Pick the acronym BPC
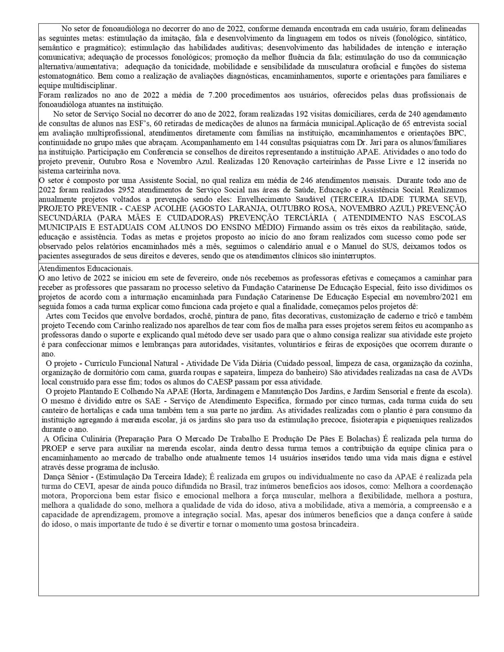[x=457, y=133]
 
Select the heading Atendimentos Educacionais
[x=86, y=269]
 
